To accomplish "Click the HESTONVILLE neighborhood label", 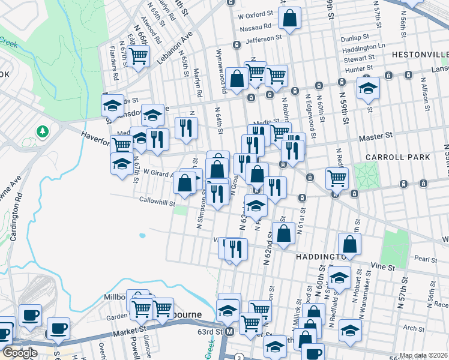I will (420, 55).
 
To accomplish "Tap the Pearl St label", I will (425, 260).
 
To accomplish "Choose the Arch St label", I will (414, 328).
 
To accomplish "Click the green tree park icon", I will (42, 131).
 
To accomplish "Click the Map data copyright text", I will (423, 355).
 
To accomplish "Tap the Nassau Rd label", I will (255, 26).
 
